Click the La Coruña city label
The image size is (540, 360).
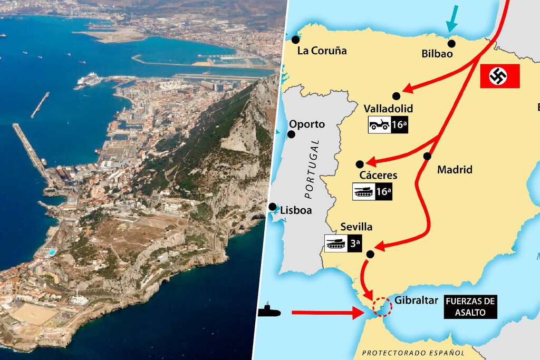[322, 51]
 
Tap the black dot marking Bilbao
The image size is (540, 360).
[451, 43]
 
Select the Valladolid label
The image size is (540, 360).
[388, 109]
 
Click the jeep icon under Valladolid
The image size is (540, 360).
[380, 125]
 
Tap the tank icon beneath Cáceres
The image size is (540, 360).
[363, 192]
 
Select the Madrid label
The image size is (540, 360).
[455, 170]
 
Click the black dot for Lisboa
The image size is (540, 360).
[273, 207]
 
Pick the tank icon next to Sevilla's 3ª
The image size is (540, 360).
[336, 244]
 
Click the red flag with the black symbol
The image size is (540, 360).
[500, 76]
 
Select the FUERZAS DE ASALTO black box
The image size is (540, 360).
[470, 307]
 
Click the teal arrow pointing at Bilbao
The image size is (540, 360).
[451, 20]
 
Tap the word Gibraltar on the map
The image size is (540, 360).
[416, 300]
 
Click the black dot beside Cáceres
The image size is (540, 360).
[360, 164]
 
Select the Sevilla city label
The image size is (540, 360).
[356, 227]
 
